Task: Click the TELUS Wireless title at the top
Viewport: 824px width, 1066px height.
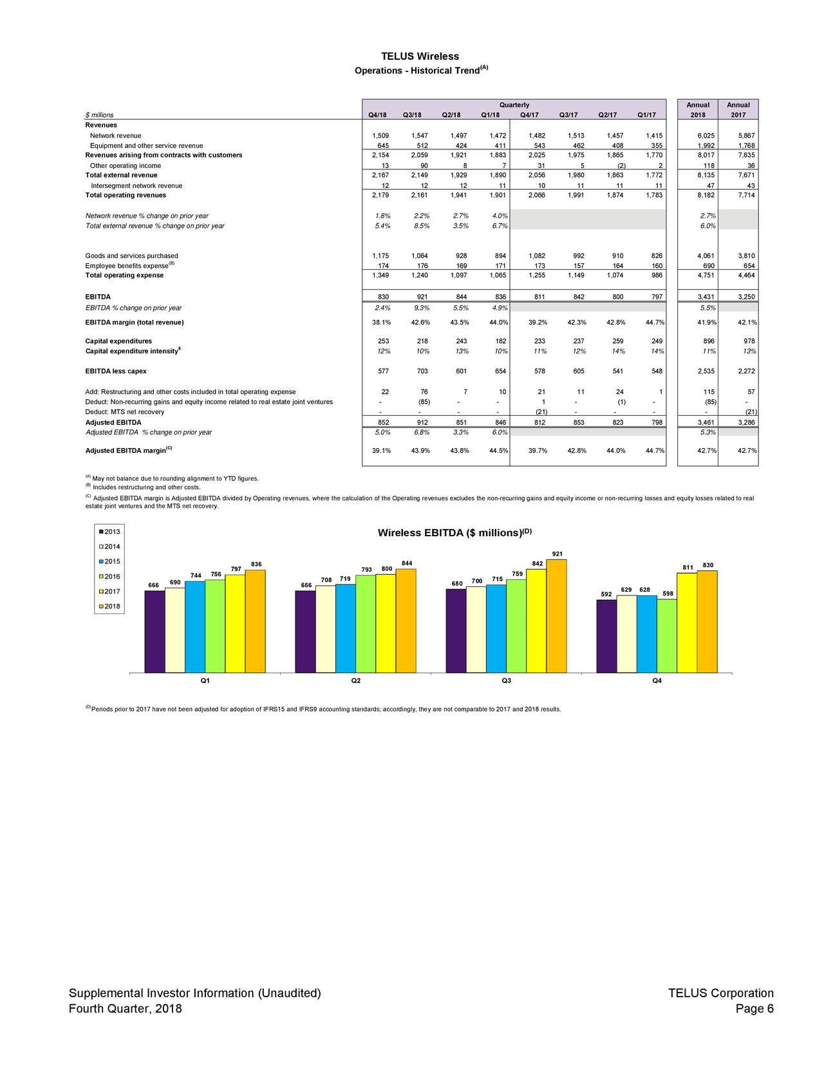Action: pyautogui.click(x=420, y=57)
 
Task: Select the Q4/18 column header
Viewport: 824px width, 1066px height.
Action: pyautogui.click(x=377, y=115)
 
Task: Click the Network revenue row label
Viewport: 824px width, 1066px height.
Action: pyautogui.click(x=116, y=136)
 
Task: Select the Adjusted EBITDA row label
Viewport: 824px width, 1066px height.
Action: pyautogui.click(x=113, y=423)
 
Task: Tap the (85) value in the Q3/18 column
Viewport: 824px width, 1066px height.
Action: pyautogui.click(x=424, y=402)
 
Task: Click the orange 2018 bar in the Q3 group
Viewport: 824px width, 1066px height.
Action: pyautogui.click(x=557, y=616)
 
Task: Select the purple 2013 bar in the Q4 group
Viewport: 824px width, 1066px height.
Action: pyautogui.click(x=606, y=636)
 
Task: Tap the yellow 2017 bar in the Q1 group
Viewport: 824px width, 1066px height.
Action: pyautogui.click(x=235, y=624)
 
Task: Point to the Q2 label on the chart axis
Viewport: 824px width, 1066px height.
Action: pyautogui.click(x=355, y=681)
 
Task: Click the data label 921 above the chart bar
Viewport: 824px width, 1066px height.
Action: pyautogui.click(x=557, y=555)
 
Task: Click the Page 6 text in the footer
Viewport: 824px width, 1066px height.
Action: pyautogui.click(x=754, y=1009)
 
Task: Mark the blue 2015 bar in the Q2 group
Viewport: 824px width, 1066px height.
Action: pyautogui.click(x=346, y=628)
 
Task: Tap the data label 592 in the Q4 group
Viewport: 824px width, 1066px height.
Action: pyautogui.click(x=606, y=594)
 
